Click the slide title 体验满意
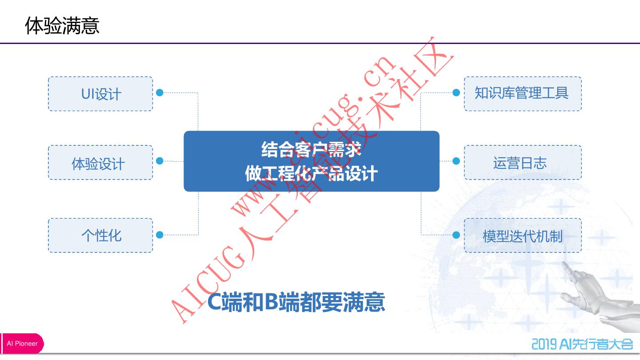point(62,25)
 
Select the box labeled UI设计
point(100,94)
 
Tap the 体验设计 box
point(100,163)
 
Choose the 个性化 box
point(100,236)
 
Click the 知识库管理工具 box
point(523,94)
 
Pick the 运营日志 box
point(523,163)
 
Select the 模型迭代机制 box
point(523,236)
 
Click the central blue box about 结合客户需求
point(311,161)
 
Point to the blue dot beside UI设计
point(160,92)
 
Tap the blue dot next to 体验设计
point(160,161)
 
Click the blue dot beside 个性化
point(160,235)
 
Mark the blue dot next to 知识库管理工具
point(456,92)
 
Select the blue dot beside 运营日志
point(456,161)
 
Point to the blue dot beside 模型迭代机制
point(456,235)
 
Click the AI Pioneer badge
point(22,344)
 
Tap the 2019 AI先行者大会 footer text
point(582,344)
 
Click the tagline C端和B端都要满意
point(296,302)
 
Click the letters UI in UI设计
point(88,94)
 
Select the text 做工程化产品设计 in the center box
point(311,173)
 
